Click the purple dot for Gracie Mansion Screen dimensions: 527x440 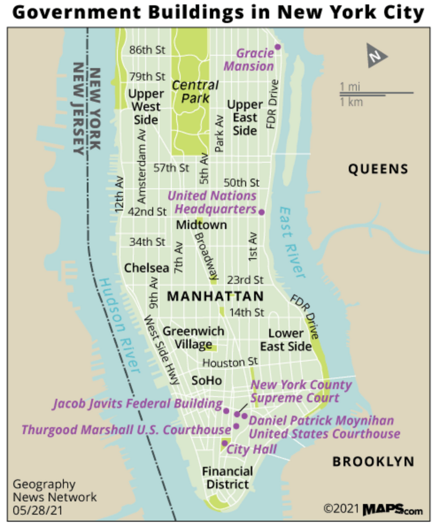pos(277,47)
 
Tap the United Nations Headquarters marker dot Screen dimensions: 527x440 pos(261,212)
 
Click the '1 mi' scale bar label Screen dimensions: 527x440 pos(350,86)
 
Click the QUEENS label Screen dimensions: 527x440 pos(378,169)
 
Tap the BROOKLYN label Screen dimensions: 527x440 pos(373,461)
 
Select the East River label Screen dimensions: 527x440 pos(293,242)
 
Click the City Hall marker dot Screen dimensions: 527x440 pos(225,443)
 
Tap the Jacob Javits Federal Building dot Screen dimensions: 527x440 pos(226,410)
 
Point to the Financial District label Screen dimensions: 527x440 pos(227,478)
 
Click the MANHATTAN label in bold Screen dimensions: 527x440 pos(215,296)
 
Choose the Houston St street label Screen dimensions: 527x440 pos(229,362)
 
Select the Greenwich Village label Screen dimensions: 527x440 pos(193,338)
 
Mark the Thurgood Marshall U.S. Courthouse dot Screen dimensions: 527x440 pos(236,426)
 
